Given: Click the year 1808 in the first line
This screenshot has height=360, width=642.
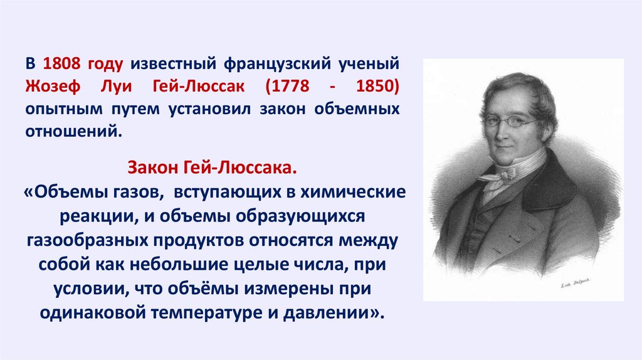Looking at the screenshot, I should click(x=62, y=64).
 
